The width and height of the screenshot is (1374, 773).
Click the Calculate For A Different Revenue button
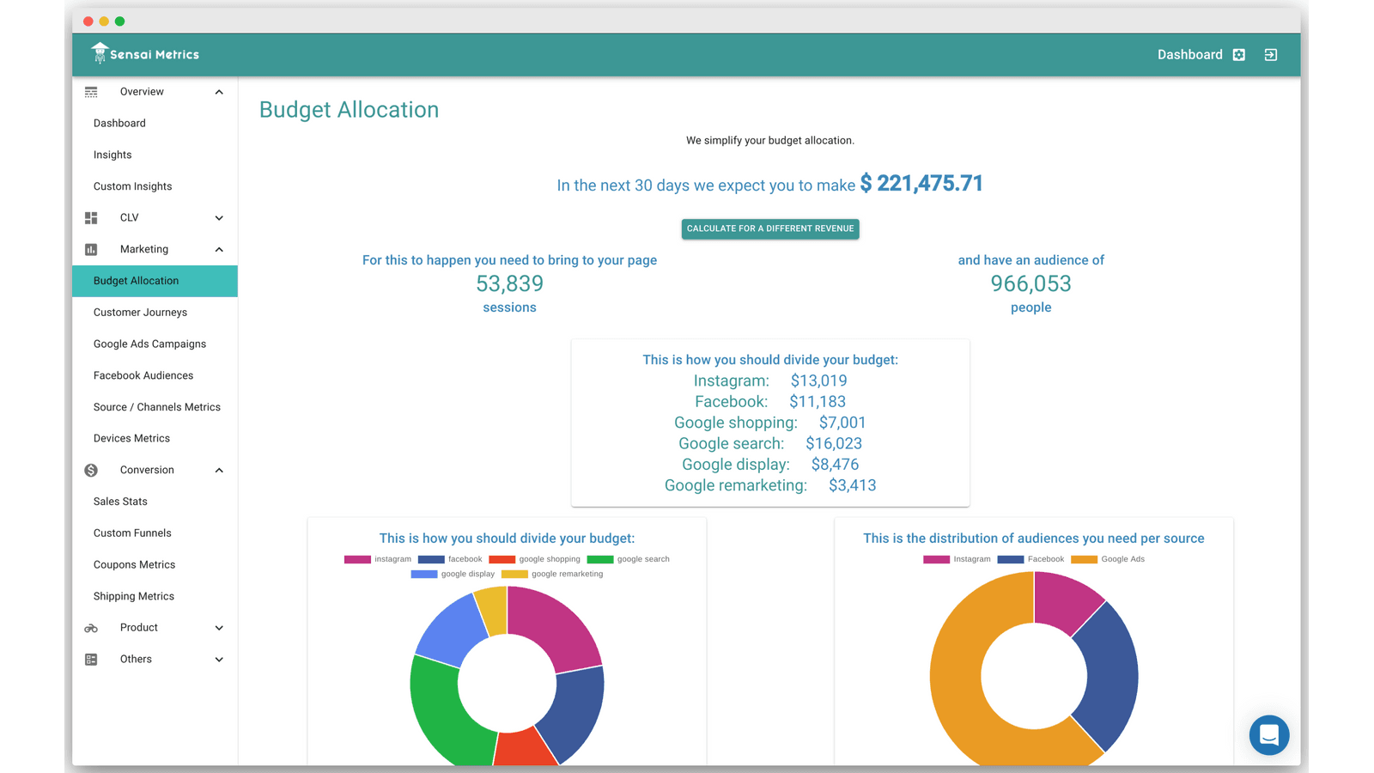coord(770,228)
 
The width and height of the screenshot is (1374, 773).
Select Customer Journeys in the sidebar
coord(140,313)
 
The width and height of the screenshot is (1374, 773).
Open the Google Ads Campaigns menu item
coord(149,344)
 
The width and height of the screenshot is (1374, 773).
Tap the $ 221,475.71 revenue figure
coord(921,184)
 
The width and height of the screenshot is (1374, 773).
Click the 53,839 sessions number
coord(509,283)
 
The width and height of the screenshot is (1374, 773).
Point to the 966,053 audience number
coord(1030,283)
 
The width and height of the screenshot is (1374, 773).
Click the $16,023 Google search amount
coord(833,443)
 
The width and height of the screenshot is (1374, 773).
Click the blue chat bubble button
coord(1268,735)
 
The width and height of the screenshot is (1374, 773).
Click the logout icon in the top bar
coord(1270,55)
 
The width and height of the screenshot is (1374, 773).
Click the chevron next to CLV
coord(219,218)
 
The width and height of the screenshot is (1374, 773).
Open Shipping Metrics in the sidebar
coord(133,596)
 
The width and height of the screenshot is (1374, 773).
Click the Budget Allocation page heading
coord(349,110)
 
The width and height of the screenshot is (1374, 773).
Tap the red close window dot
coord(88,21)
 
